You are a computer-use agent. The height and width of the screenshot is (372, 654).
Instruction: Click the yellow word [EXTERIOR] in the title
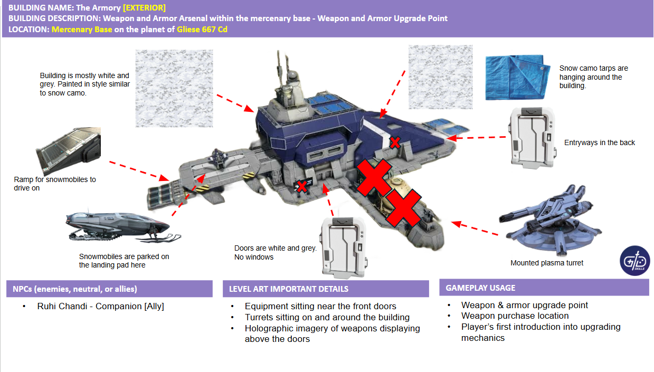(x=144, y=8)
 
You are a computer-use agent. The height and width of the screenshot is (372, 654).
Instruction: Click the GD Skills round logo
(x=634, y=260)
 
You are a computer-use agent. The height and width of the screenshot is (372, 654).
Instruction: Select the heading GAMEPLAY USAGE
(x=480, y=288)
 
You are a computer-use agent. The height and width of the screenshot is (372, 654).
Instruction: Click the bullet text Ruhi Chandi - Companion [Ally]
(x=100, y=306)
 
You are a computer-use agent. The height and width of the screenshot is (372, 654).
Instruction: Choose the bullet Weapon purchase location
(x=515, y=316)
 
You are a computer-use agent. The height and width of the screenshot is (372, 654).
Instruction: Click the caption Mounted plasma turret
(x=547, y=263)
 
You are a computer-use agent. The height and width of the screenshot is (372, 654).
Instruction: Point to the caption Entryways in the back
(x=599, y=142)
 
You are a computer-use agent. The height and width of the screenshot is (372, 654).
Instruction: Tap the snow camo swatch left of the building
(x=174, y=88)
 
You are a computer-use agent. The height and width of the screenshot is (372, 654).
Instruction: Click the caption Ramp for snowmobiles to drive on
(x=55, y=183)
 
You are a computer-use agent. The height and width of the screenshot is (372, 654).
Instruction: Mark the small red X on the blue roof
(x=394, y=142)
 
